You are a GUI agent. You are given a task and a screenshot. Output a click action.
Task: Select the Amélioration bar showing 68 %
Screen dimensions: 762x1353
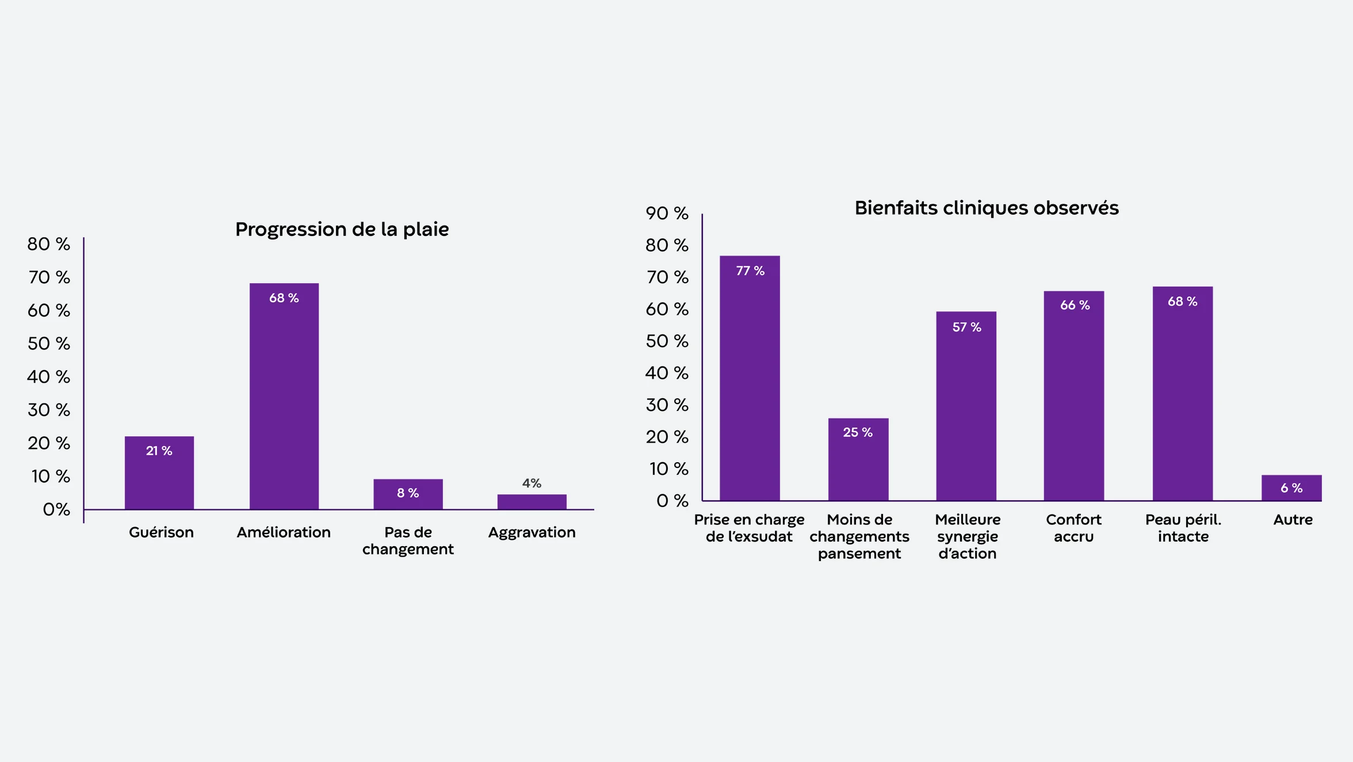(284, 397)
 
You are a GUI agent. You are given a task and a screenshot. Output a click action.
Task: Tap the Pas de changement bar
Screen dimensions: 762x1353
(408, 495)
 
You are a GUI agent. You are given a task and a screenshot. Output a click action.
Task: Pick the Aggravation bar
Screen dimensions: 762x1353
(532, 502)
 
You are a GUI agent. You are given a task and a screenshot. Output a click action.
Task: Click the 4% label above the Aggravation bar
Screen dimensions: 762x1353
(532, 483)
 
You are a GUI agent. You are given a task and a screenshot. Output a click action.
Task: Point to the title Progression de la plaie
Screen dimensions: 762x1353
(342, 230)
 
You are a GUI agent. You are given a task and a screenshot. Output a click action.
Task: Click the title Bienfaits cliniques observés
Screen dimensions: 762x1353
(986, 208)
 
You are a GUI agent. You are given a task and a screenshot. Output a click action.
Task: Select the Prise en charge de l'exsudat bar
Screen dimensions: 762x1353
(750, 380)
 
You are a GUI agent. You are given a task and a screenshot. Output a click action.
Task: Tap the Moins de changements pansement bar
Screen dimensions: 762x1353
(858, 460)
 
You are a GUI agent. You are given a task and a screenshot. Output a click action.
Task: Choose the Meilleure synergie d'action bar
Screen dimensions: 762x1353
(966, 409)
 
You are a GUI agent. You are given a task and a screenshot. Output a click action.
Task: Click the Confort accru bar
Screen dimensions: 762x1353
(1073, 397)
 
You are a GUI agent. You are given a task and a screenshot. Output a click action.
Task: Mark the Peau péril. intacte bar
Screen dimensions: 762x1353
(1182, 394)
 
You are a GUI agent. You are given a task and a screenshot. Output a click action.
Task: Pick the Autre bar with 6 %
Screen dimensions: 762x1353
(1291, 488)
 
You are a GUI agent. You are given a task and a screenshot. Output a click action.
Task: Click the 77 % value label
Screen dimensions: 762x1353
(750, 271)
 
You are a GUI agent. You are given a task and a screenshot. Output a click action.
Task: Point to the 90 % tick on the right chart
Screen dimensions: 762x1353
(667, 214)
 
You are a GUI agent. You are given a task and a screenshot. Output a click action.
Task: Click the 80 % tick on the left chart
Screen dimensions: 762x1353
(49, 244)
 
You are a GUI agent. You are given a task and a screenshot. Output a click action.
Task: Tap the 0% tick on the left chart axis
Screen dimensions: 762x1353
(56, 509)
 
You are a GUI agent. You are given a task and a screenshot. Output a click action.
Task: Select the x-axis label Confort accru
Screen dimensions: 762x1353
(1073, 528)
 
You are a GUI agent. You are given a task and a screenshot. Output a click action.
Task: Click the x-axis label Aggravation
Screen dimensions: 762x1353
(532, 532)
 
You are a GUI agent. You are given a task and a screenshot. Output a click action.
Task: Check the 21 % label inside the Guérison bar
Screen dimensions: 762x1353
(159, 451)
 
